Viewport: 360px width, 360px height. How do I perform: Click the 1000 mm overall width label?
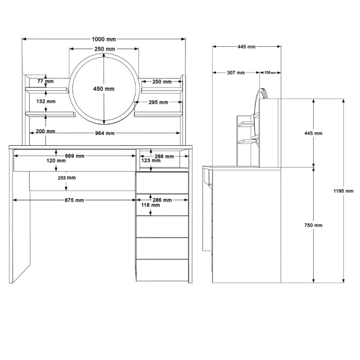pos(104,39)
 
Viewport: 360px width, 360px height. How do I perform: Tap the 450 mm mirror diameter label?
pos(104,89)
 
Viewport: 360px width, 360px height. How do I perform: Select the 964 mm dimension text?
pos(105,133)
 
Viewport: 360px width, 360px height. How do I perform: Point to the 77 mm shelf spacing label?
pos(45,81)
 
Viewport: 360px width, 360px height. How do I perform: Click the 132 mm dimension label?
pos(46,101)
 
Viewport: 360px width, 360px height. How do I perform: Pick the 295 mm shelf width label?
pos(158,102)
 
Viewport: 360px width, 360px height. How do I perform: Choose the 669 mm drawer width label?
pos(75,156)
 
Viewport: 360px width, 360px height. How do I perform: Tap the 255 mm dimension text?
pos(67,178)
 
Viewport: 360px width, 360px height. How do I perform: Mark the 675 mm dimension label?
pos(74,200)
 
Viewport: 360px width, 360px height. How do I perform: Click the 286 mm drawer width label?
pos(162,200)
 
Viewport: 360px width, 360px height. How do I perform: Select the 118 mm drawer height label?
pos(150,205)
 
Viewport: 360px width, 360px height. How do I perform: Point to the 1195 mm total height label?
pos(343,191)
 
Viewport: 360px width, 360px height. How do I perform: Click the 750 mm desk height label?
pos(314,225)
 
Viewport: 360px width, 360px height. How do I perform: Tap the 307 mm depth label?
pos(236,73)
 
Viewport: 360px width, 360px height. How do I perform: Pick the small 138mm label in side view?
pos(270,73)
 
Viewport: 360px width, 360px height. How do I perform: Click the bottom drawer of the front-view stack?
pos(162,270)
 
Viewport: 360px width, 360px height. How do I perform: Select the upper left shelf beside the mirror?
pos(47,90)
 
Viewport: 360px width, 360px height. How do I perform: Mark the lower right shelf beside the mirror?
pos(158,114)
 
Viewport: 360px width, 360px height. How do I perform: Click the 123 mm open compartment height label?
pos(150,161)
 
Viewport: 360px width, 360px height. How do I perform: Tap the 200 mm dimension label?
pos(45,131)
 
